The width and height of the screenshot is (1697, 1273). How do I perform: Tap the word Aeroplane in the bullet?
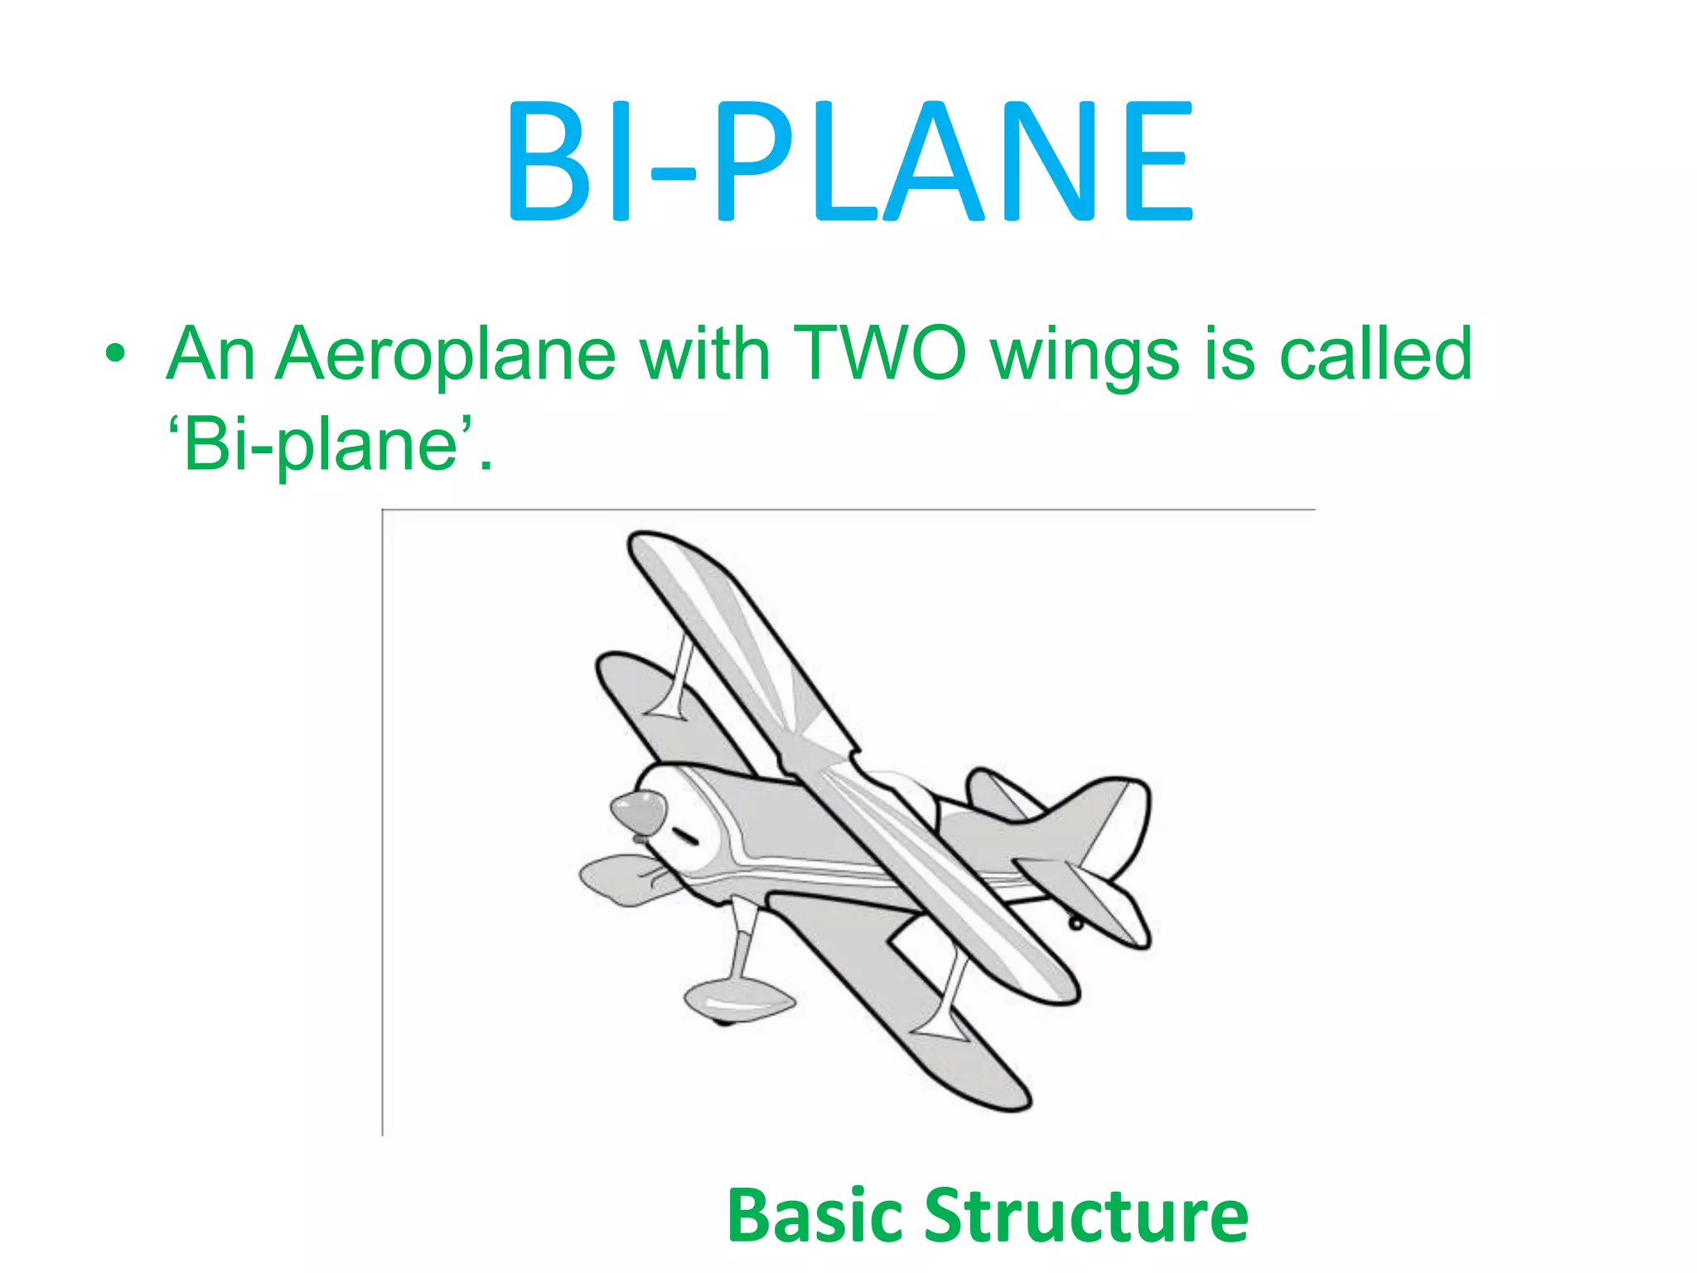click(x=445, y=355)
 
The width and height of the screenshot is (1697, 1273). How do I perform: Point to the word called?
click(x=1375, y=354)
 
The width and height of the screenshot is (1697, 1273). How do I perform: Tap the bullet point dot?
click(x=115, y=356)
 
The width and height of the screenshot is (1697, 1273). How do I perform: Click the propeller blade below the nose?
click(x=621, y=880)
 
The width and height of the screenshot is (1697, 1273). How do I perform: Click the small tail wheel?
click(x=1075, y=922)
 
